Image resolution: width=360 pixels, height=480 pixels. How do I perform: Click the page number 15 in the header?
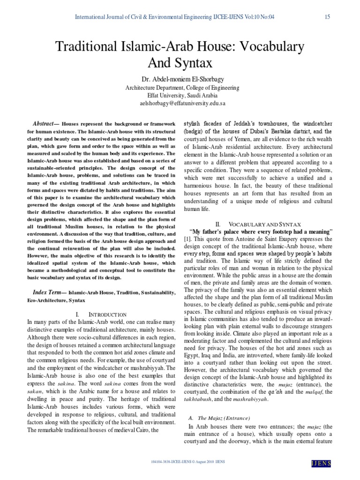pyautogui.click(x=327, y=17)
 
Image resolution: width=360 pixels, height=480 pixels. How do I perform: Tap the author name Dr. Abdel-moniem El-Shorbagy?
pyautogui.click(x=180, y=78)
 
